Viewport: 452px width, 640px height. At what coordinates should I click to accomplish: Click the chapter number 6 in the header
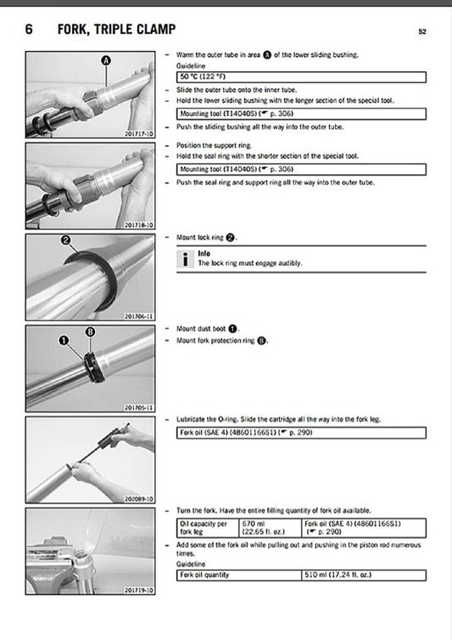coord(29,31)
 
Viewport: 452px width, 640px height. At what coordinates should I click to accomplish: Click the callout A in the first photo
coord(106,60)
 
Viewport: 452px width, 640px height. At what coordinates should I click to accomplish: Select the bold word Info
coord(204,253)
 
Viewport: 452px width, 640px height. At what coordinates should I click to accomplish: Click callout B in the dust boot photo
coord(92,332)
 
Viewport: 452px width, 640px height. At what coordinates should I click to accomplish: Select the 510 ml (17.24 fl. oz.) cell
coord(363,575)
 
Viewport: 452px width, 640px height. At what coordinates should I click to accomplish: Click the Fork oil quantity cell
coord(239,575)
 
